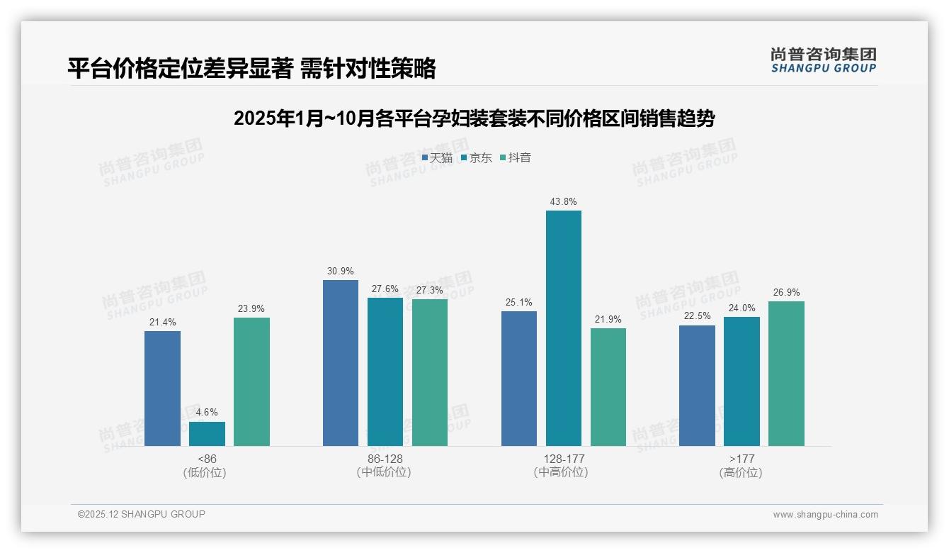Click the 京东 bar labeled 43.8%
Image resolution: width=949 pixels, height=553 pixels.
click(563, 328)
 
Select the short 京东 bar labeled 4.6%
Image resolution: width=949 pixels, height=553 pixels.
click(207, 434)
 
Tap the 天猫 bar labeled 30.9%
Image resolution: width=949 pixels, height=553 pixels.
click(341, 363)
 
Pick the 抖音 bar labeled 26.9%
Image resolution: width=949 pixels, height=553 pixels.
click(786, 374)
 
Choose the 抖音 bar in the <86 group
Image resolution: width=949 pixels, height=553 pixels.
click(251, 381)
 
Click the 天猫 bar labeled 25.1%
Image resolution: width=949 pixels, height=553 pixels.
click(518, 379)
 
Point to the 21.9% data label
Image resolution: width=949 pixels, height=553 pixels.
click(608, 319)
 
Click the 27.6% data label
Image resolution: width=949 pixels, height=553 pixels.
click(385, 289)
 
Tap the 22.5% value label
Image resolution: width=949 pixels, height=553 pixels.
click(697, 316)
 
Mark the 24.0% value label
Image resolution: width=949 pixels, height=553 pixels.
click(741, 308)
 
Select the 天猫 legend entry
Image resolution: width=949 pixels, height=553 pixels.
click(437, 157)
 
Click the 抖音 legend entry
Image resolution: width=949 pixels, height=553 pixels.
click(516, 157)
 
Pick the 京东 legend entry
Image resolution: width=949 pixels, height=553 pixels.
click(476, 157)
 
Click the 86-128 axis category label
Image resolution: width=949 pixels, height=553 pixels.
click(385, 459)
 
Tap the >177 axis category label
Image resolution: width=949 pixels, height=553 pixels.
click(741, 459)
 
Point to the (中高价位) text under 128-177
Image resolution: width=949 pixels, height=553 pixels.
click(562, 472)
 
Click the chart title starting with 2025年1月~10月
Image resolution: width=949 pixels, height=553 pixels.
click(474, 118)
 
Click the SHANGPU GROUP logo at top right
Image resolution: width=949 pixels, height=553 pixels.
click(823, 60)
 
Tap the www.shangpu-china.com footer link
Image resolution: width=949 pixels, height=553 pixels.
click(825, 515)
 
